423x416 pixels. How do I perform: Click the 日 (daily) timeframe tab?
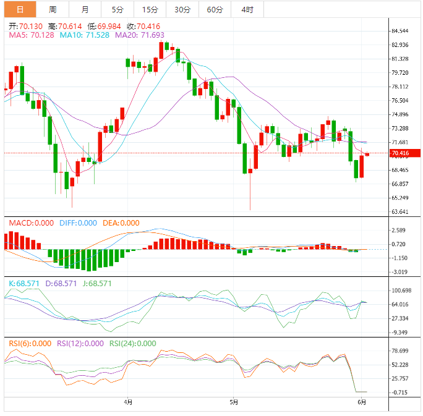pyautogui.click(x=20, y=9)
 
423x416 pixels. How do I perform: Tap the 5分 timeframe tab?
pyautogui.click(x=117, y=9)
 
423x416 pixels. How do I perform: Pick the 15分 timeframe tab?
pyautogui.click(x=150, y=9)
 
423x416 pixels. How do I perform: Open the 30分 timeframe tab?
pyautogui.click(x=182, y=9)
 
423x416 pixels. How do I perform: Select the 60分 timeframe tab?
pyautogui.click(x=215, y=9)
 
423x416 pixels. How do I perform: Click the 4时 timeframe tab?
pyautogui.click(x=247, y=9)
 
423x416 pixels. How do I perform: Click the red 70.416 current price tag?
pyautogui.click(x=403, y=153)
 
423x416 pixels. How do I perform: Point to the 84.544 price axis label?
pyautogui.click(x=400, y=31)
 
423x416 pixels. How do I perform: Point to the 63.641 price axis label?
pyautogui.click(x=400, y=212)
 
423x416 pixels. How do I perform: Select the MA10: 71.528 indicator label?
pyautogui.click(x=85, y=36)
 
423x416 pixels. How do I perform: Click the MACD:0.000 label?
pyautogui.click(x=31, y=223)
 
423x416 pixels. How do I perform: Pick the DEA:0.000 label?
pyautogui.click(x=121, y=223)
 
